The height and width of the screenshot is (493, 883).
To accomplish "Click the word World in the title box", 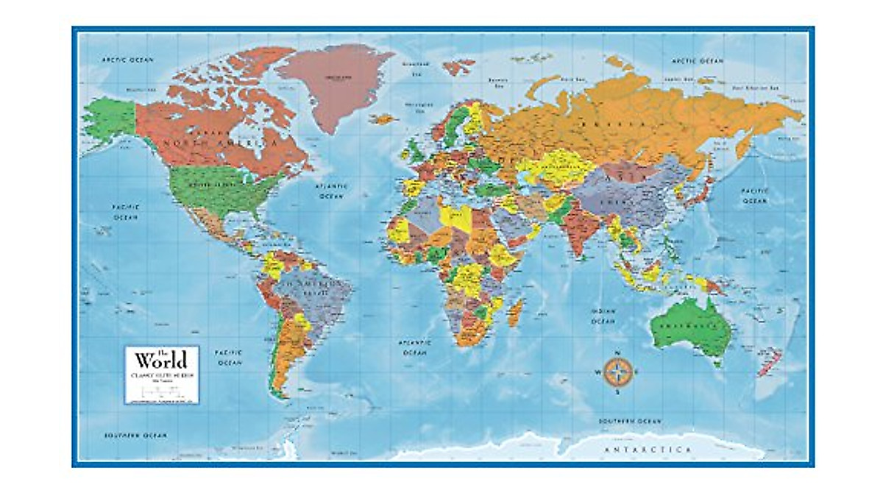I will (160, 360).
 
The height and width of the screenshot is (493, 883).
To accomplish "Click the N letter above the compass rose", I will (617, 351).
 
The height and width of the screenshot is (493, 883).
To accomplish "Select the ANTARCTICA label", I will (648, 449).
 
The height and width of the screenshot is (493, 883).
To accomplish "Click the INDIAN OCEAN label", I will (603, 316).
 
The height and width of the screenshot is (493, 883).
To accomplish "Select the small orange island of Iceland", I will (383, 118).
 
